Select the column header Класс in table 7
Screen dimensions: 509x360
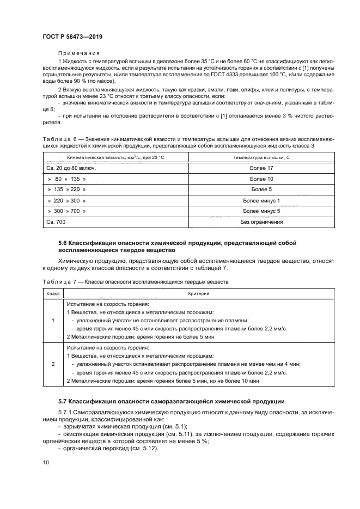pos(52,293)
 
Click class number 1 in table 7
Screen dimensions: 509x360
pos(52,321)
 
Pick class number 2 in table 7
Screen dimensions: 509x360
pos(52,363)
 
